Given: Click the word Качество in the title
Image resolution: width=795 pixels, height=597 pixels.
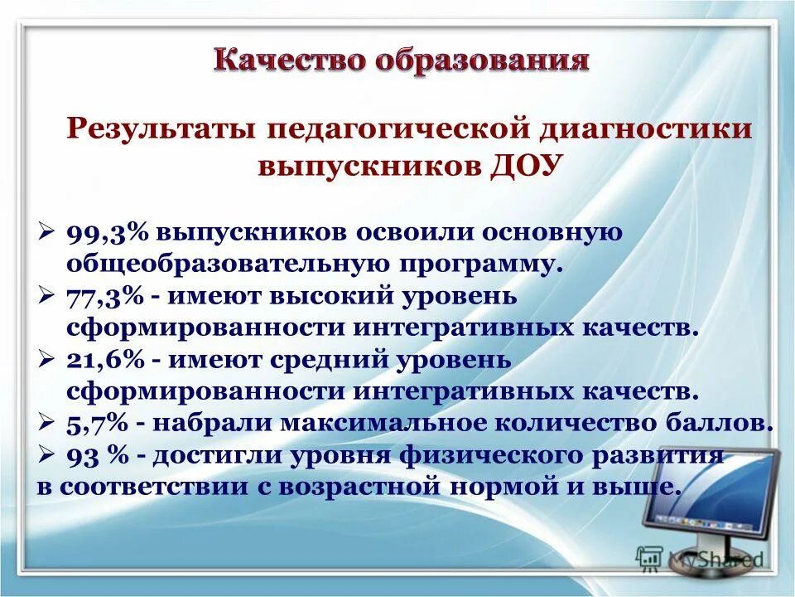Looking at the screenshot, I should coord(280,61).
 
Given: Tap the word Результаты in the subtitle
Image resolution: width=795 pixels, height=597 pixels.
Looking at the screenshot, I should coord(158,130).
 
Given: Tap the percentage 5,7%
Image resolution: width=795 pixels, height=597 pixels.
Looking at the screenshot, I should coord(97,423).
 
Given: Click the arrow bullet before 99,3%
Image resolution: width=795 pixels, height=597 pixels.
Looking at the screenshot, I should coord(47,232).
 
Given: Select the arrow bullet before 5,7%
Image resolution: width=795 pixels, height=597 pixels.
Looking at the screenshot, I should coord(47,423).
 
